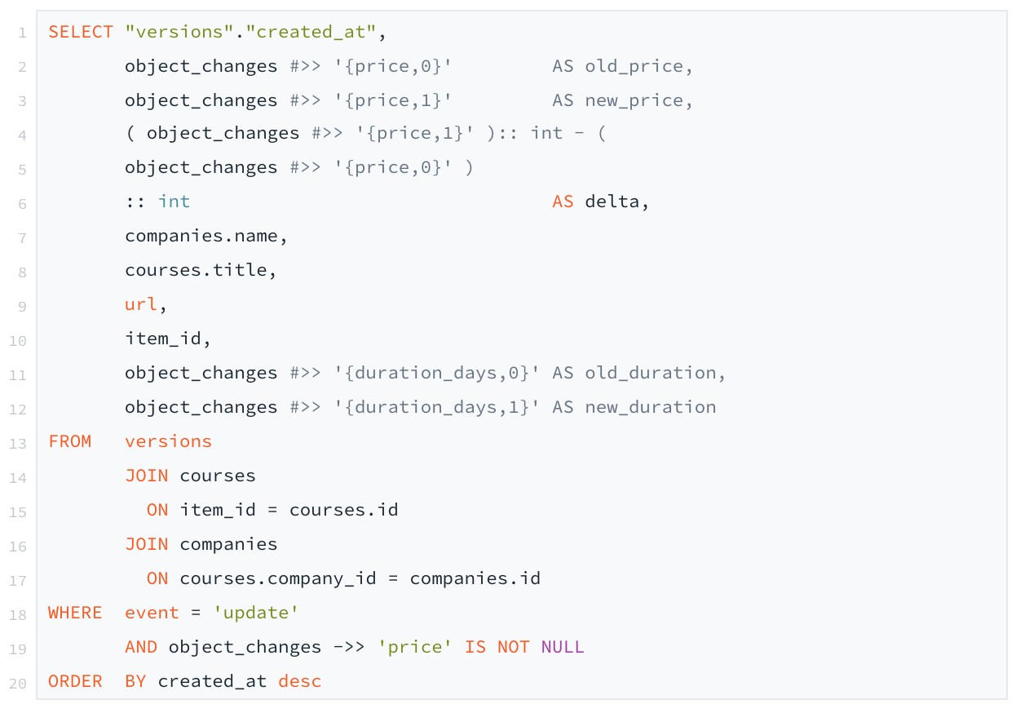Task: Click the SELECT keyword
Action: coord(81,33)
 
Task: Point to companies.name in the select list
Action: coord(205,237)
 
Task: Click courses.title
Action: coord(200,271)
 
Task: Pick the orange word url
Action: coord(140,304)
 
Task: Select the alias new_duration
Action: coord(650,407)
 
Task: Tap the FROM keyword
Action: coord(70,441)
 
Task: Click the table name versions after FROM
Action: coord(168,441)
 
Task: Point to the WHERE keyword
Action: coord(75,613)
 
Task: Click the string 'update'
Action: coord(255,613)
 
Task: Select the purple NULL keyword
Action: coord(563,647)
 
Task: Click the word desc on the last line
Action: coord(299,681)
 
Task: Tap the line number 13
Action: coord(18,443)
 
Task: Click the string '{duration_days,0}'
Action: coord(436,373)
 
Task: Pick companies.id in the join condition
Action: coord(475,578)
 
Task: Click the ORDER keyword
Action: coord(75,681)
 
